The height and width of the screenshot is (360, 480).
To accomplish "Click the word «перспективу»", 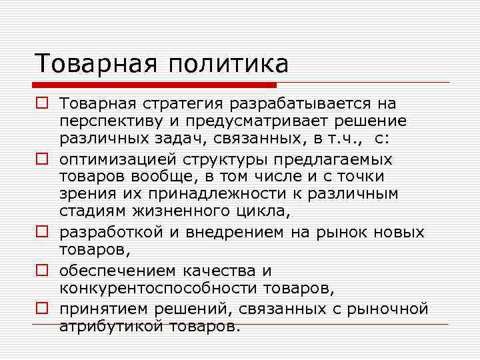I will point(110,122).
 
